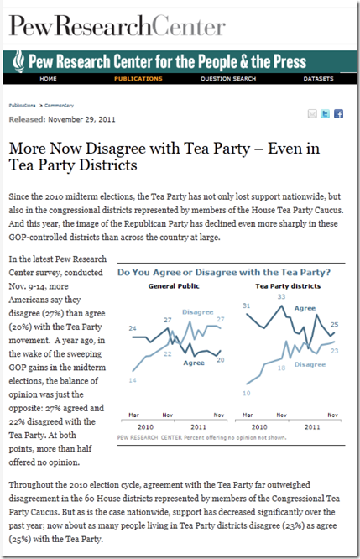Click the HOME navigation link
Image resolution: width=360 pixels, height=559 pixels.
click(x=48, y=78)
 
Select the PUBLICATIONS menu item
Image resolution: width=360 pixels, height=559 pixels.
click(x=138, y=78)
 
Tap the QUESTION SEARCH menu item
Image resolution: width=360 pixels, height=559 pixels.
click(x=228, y=78)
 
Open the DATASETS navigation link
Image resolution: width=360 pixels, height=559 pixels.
click(x=318, y=78)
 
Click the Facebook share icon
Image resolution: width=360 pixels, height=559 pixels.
click(x=339, y=113)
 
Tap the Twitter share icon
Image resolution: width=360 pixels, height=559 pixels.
click(x=325, y=113)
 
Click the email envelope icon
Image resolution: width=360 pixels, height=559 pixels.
click(x=312, y=113)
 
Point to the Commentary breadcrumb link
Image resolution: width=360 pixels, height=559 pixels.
click(x=60, y=105)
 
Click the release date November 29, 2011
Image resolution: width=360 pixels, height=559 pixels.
click(x=81, y=119)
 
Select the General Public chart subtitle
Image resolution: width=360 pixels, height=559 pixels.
click(x=174, y=286)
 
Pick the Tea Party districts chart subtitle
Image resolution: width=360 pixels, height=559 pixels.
click(x=288, y=286)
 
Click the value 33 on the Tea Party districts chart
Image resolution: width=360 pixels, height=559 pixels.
click(x=282, y=296)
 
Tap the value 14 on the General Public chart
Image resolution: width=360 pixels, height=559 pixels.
click(x=133, y=380)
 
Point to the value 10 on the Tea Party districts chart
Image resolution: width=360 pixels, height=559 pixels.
click(x=247, y=393)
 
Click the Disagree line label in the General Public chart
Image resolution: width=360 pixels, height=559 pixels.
click(x=198, y=312)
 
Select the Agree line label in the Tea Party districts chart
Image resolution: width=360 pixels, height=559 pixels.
click(x=305, y=308)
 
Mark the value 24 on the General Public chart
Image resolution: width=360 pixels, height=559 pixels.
click(x=133, y=328)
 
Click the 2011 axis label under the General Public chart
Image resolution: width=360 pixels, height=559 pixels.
click(x=198, y=427)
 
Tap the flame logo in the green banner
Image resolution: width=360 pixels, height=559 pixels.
click(x=18, y=61)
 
